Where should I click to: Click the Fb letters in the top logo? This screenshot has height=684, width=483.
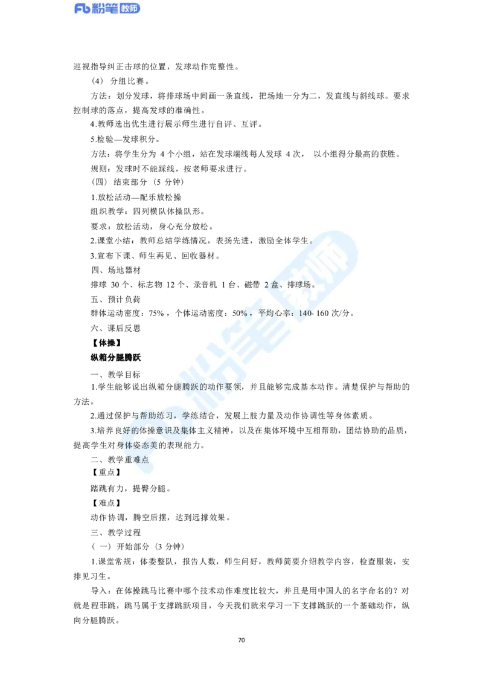82,9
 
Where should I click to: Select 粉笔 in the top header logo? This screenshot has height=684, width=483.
103,9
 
